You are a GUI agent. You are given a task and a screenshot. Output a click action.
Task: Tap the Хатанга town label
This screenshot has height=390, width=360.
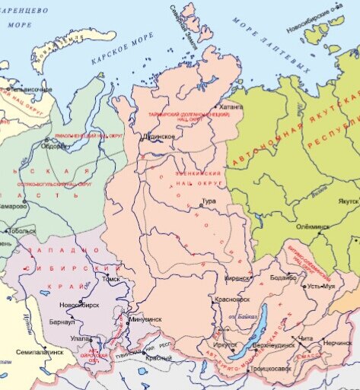click(231, 108)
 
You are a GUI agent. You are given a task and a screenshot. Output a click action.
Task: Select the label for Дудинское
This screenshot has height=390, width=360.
click(158, 137)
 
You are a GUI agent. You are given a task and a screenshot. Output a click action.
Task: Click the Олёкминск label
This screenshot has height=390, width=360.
click(312, 226)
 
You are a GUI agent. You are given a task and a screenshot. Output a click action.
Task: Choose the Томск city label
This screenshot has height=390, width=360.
click(111, 279)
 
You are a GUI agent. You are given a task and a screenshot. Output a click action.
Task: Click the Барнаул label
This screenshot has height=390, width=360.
click(63, 322)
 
